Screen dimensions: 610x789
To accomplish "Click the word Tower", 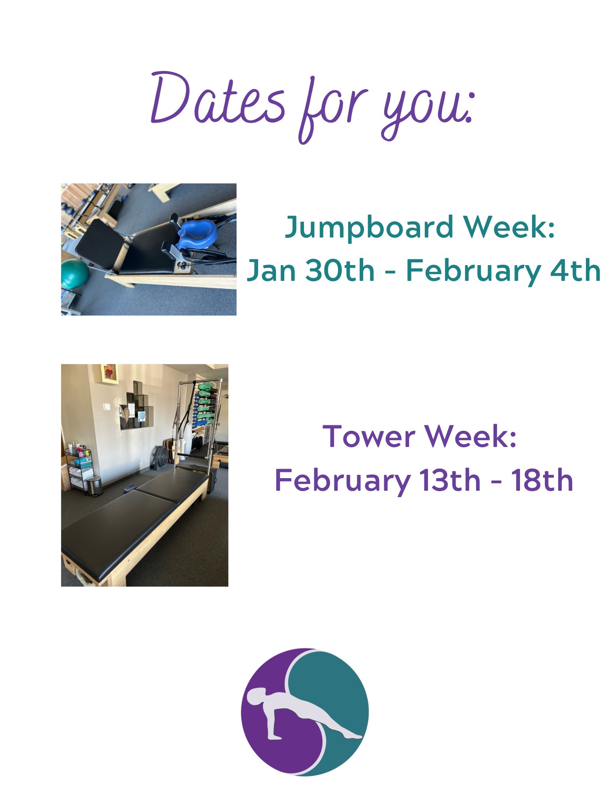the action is [369, 437].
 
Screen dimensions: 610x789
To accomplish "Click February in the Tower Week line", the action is [342, 481].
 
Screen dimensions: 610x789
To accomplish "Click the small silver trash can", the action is [95, 486].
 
